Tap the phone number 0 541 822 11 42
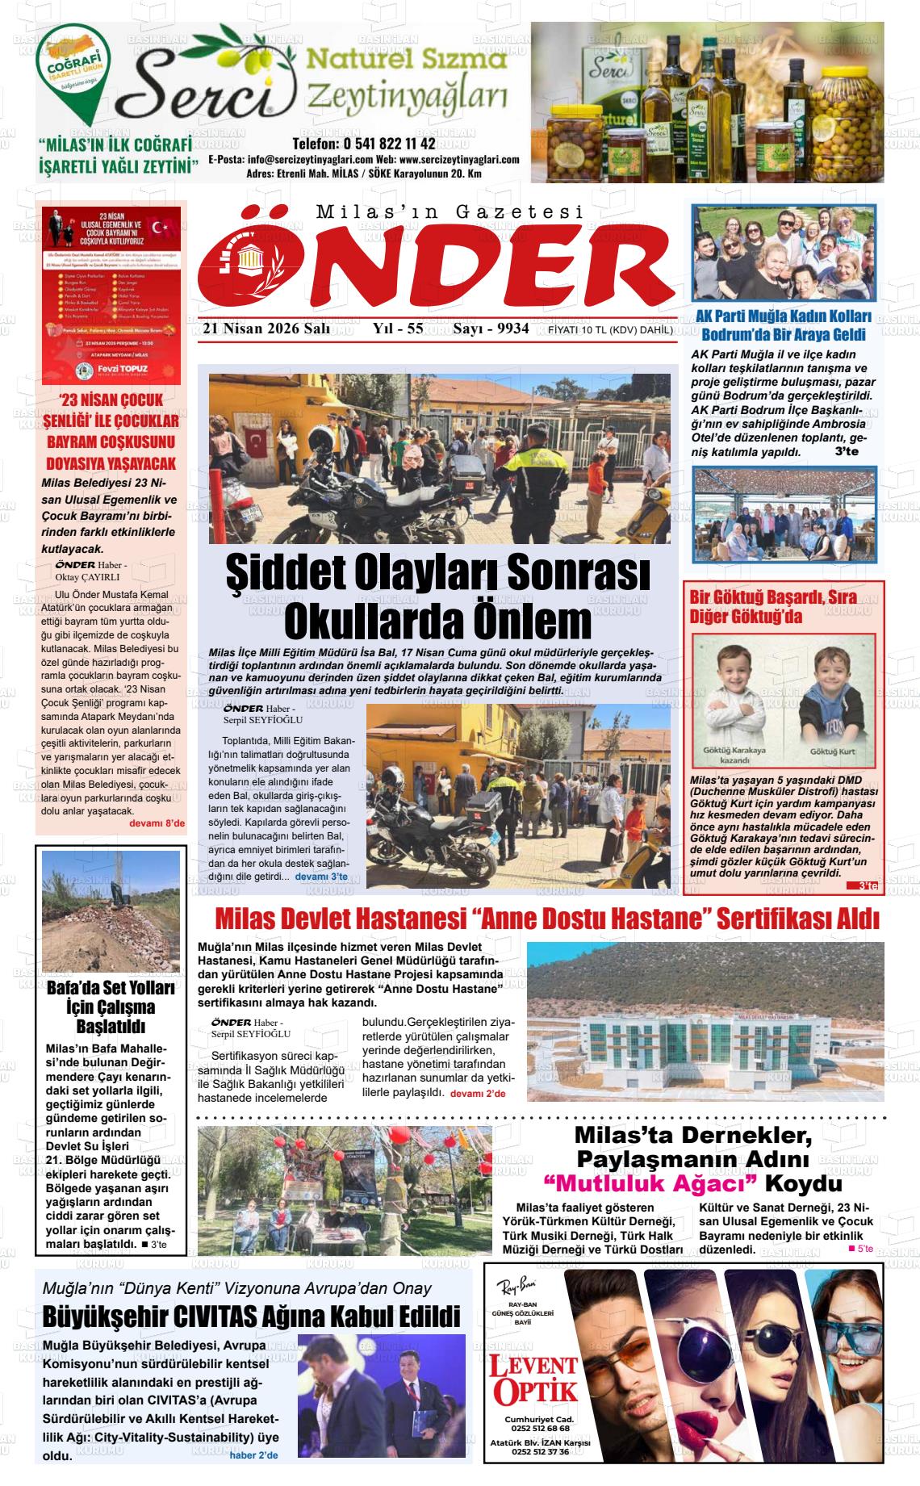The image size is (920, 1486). pyautogui.click(x=364, y=144)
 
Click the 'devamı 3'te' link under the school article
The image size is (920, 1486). pyautogui.click(x=321, y=876)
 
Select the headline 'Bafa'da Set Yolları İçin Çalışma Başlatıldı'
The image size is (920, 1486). pyautogui.click(x=111, y=1007)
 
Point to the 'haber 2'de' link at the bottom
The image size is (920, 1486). pyautogui.click(x=253, y=1455)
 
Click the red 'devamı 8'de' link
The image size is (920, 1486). pyautogui.click(x=157, y=823)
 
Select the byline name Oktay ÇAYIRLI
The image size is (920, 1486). pyautogui.click(x=87, y=577)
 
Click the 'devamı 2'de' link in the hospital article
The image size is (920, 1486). pyautogui.click(x=477, y=1093)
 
